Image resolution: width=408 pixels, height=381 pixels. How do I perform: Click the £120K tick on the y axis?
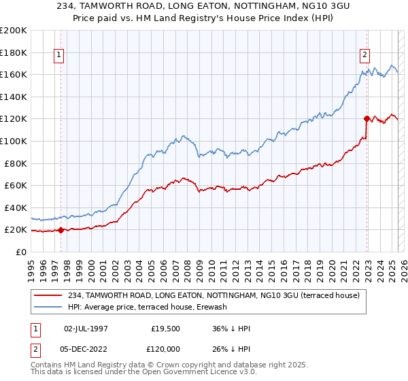pyautogui.click(x=14, y=118)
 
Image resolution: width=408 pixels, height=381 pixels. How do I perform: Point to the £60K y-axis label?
pyautogui.click(x=16, y=185)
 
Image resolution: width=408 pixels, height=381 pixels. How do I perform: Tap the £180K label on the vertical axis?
pyautogui.click(x=14, y=52)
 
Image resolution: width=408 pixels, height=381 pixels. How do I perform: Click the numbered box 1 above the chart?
pyautogui.click(x=58, y=56)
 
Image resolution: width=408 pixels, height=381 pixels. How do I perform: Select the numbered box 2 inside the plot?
pyautogui.click(x=365, y=56)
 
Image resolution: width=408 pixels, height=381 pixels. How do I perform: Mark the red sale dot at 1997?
pyautogui.click(x=61, y=230)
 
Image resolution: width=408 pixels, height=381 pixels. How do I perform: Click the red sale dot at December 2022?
pyautogui.click(x=367, y=118)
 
